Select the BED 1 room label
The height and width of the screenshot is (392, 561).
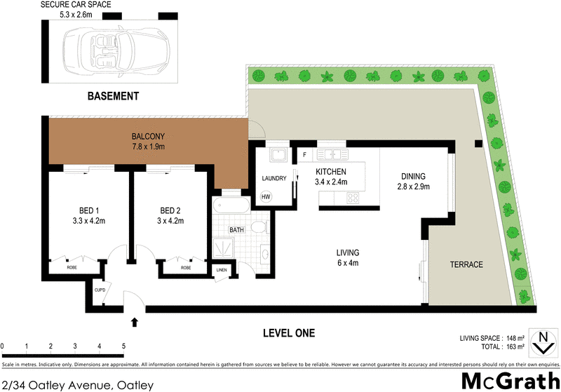point(88,210)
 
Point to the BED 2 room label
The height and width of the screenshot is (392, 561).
point(171,210)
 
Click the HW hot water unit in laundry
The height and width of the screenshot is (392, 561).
point(266,197)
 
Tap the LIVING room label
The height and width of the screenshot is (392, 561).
point(347,252)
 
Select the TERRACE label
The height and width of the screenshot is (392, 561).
point(466,264)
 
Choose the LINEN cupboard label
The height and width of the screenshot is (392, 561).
point(222,270)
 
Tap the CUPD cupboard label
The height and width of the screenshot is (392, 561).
point(99,289)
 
